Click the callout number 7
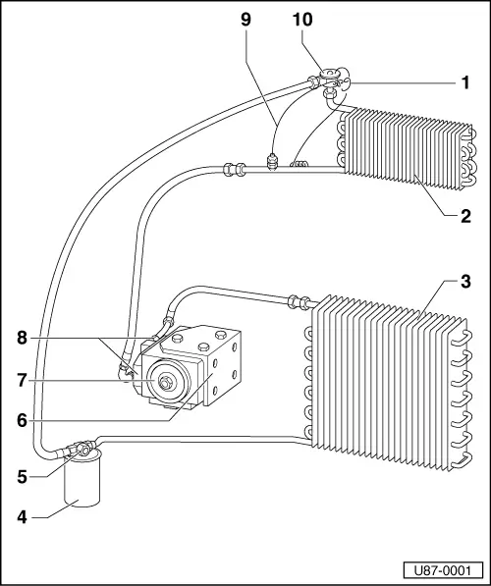[x=21, y=379]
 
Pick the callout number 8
[x=21, y=338]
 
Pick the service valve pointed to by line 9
[x=275, y=157]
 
